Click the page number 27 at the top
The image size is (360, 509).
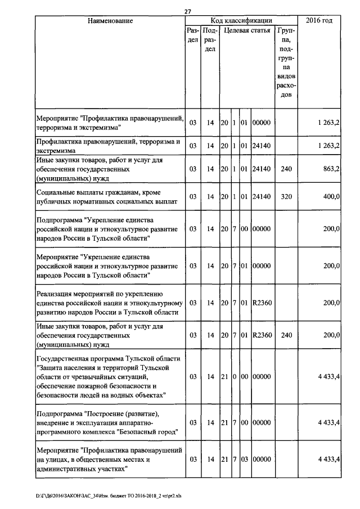[188, 11]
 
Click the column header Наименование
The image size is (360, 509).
[110, 21]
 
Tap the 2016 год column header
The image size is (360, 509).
[319, 21]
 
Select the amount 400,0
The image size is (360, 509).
[330, 196]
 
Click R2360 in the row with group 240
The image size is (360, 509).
[262, 336]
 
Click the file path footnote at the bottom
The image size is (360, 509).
[112, 496]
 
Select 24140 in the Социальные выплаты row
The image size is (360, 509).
[262, 196]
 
